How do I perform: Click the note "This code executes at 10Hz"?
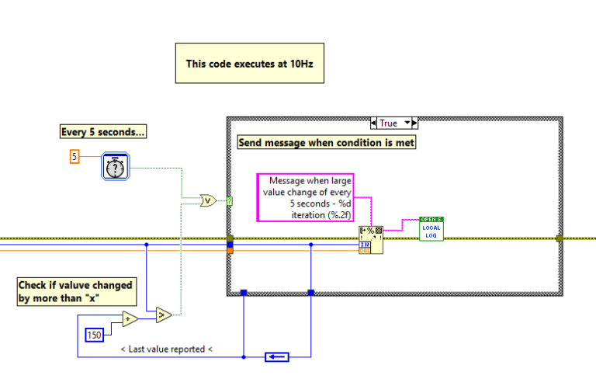pyautogui.click(x=248, y=63)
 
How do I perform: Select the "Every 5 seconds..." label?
pyautogui.click(x=103, y=132)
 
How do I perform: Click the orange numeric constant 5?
pyautogui.click(x=74, y=157)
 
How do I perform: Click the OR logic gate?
pyautogui.click(x=208, y=200)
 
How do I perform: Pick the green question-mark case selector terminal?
pyautogui.click(x=229, y=201)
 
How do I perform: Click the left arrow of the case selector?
pyautogui.click(x=374, y=123)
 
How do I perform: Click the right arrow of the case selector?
pyautogui.click(x=414, y=123)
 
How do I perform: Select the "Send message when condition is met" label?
pyautogui.click(x=326, y=142)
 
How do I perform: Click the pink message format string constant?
pyautogui.click(x=306, y=197)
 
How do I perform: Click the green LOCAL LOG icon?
pyautogui.click(x=431, y=228)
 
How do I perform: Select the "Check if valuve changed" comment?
pyautogui.click(x=76, y=291)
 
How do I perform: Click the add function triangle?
pyautogui.click(x=130, y=319)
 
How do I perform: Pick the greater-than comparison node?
pyautogui.click(x=163, y=315)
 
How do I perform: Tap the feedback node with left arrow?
pyautogui.click(x=275, y=356)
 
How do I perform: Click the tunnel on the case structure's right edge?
pyautogui.click(x=559, y=238)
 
